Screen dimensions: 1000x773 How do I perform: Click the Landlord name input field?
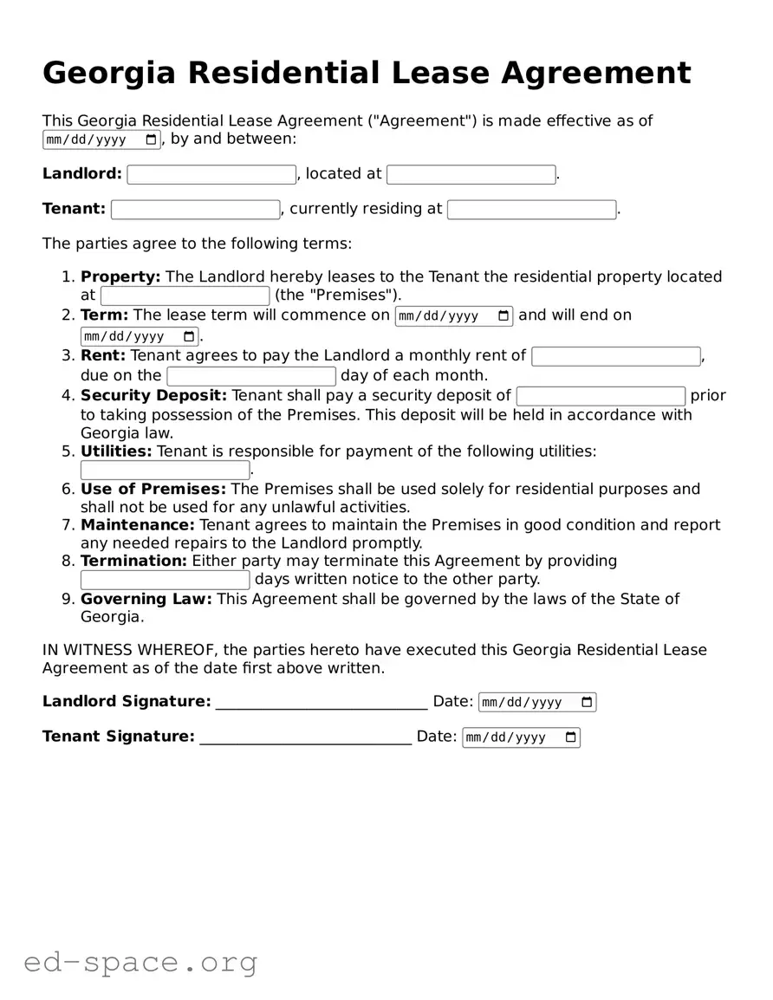(211, 174)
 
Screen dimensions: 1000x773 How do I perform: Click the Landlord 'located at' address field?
(471, 174)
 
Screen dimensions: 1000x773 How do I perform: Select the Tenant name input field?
(195, 210)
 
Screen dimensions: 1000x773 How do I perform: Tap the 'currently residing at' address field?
(531, 210)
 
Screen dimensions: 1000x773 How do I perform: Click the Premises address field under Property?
(185, 296)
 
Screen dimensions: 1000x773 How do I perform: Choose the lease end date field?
(140, 336)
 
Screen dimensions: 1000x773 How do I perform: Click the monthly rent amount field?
(615, 356)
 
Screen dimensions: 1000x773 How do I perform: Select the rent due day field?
(251, 376)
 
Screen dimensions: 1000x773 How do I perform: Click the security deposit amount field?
(601, 396)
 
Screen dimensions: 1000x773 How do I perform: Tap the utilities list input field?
(165, 471)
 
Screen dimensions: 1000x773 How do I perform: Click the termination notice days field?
(165, 580)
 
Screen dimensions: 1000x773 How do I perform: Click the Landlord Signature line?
(321, 703)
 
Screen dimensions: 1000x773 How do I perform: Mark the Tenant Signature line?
(305, 737)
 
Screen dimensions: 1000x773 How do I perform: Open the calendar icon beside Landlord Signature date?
(587, 702)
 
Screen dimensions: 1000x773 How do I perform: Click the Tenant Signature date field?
(520, 737)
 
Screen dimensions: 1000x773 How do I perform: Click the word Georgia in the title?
(109, 73)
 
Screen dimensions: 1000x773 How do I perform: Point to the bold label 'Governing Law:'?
(146, 599)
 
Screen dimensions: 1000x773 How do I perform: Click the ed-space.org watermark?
(140, 962)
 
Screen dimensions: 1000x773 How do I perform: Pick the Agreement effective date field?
(101, 140)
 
